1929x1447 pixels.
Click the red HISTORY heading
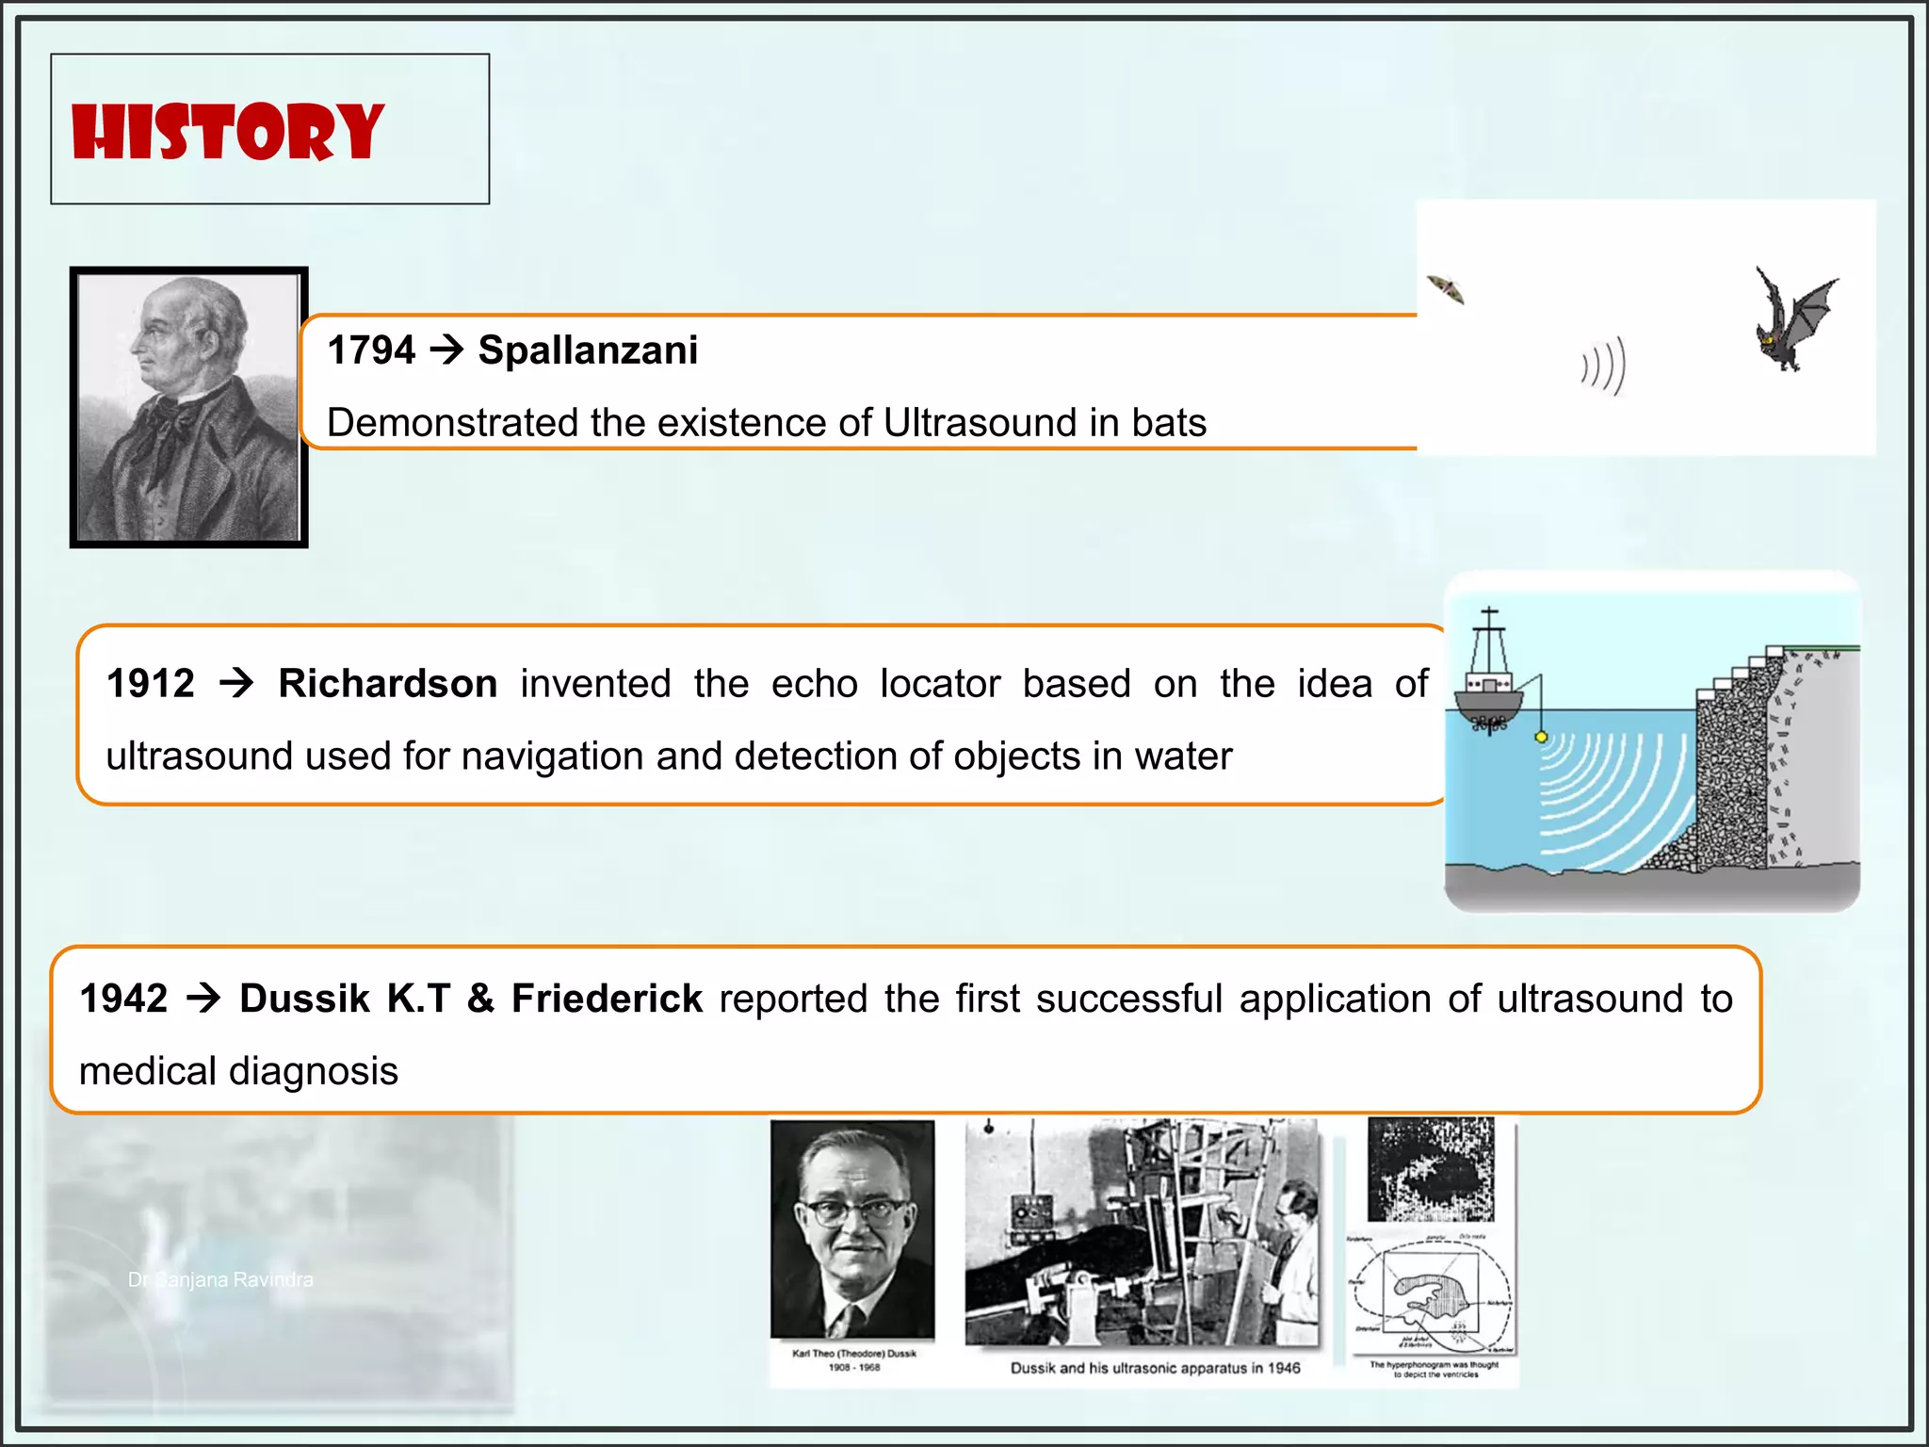pos(227,132)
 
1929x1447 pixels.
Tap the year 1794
pos(370,350)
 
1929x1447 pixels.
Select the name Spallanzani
pos(588,350)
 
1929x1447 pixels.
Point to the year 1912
pos(150,684)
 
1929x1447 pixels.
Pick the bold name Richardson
pos(387,684)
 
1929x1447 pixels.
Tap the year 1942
pos(123,999)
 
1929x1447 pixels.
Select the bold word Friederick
pos(607,999)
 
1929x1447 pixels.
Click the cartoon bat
pos(1791,320)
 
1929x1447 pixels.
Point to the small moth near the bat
pos(1446,288)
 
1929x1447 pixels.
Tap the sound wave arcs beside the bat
pos(1604,366)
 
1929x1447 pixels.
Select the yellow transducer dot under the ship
pos(1541,737)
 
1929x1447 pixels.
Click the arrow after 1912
pos(236,683)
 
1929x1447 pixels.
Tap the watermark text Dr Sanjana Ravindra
pos(220,1279)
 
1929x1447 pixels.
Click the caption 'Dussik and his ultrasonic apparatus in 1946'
pos(1155,1368)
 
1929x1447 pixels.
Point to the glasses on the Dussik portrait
pos(852,1211)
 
